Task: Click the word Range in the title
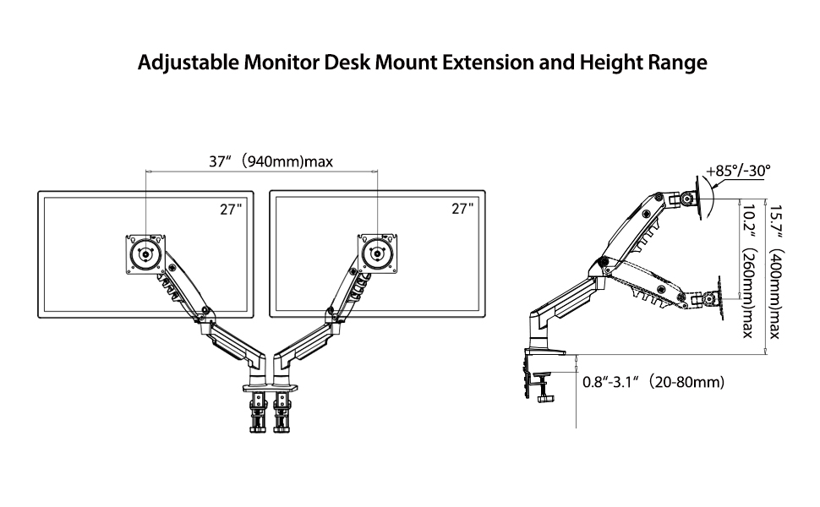pyautogui.click(x=675, y=64)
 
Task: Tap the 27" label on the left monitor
pyautogui.click(x=231, y=210)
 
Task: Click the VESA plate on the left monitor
pyautogui.click(x=146, y=253)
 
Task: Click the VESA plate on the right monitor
pyautogui.click(x=376, y=253)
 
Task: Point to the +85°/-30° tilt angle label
pyautogui.click(x=738, y=171)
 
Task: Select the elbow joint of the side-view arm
pyautogui.click(x=601, y=264)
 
